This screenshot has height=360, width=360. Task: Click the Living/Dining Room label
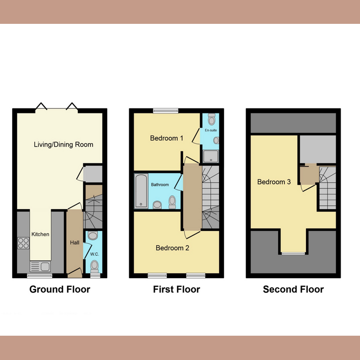pyautogui.click(x=63, y=144)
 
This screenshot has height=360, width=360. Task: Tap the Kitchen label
pyautogui.click(x=40, y=234)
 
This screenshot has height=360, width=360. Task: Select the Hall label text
pyautogui.click(x=75, y=243)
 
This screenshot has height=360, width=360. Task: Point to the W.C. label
pyautogui.click(x=94, y=254)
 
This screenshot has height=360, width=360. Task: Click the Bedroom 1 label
pyautogui.click(x=166, y=138)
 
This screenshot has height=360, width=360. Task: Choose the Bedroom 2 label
pyautogui.click(x=172, y=248)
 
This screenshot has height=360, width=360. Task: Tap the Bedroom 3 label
pyautogui.click(x=274, y=182)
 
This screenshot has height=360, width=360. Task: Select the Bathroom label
pyautogui.click(x=160, y=185)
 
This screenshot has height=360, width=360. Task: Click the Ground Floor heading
pyautogui.click(x=59, y=289)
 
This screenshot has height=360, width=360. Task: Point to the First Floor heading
pyautogui.click(x=176, y=289)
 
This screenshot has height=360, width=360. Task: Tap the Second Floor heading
pyautogui.click(x=293, y=289)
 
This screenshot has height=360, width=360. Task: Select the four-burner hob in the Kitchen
pyautogui.click(x=23, y=243)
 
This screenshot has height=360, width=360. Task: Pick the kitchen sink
pyautogui.click(x=41, y=266)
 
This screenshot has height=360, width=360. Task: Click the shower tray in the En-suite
pyautogui.click(x=210, y=156)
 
